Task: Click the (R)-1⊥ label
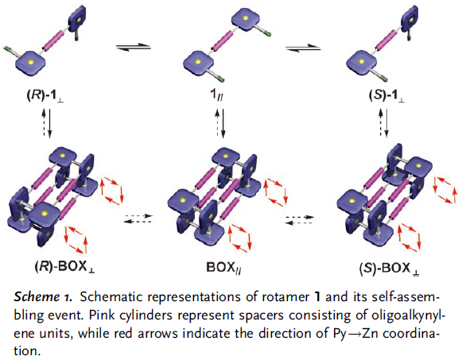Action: [45, 97]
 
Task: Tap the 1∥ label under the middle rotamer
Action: [217, 95]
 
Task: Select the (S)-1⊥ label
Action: [386, 96]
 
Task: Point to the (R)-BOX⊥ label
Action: [64, 267]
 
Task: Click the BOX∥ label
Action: [223, 268]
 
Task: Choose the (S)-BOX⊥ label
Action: [390, 269]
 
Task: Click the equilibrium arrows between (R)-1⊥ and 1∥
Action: [134, 47]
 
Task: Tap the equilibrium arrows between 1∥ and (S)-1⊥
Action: [303, 48]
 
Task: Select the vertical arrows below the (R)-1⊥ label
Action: [47, 122]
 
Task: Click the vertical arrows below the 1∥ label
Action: [220, 123]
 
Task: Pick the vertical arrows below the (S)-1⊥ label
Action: [383, 122]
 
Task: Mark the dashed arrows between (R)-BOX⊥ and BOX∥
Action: [139, 219]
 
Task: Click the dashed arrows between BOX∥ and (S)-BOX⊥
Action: [300, 219]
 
